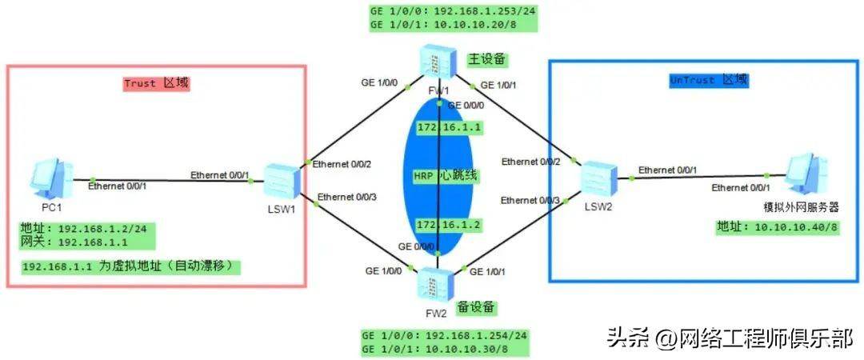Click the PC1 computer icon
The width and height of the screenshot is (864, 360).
pyautogui.click(x=52, y=178)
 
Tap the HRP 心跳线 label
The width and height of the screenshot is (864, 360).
pyautogui.click(x=446, y=177)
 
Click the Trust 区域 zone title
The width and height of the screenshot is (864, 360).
pyautogui.click(x=156, y=84)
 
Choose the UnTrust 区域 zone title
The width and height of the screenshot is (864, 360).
pyautogui.click(x=709, y=81)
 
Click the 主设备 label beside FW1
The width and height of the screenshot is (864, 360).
pyautogui.click(x=486, y=59)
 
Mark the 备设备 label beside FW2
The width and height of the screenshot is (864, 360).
pyautogui.click(x=476, y=308)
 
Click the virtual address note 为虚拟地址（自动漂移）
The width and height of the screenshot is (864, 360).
pyautogui.click(x=171, y=267)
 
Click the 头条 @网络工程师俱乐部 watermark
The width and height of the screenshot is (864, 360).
pyautogui.click(x=730, y=338)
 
